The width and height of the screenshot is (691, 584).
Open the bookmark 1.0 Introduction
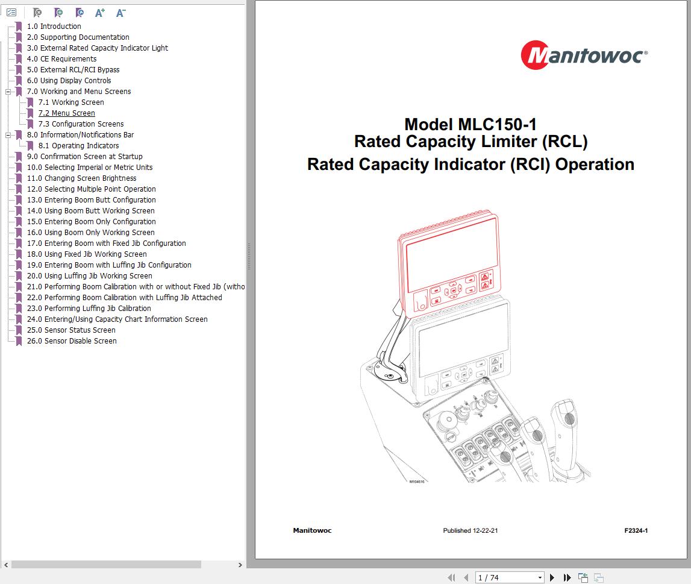54,27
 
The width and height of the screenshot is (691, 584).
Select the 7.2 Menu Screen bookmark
66,113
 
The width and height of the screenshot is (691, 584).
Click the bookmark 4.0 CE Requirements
61,59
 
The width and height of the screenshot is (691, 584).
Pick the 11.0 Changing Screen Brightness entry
81,178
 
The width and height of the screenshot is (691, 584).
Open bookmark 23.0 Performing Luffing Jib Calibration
89,309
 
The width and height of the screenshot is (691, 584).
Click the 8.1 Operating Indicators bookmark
78,146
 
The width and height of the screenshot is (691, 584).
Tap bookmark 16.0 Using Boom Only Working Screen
90,233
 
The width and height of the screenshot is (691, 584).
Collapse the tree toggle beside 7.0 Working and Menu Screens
8,92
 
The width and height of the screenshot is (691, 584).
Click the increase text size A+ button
100,13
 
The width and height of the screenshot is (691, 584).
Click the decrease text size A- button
120,13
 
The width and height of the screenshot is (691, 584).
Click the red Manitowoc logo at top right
584,55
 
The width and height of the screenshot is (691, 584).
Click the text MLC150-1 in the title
497,125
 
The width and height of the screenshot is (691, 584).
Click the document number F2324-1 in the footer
636,531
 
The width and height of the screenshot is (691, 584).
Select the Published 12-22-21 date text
470,531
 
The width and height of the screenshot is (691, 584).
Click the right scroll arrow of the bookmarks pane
240,565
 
